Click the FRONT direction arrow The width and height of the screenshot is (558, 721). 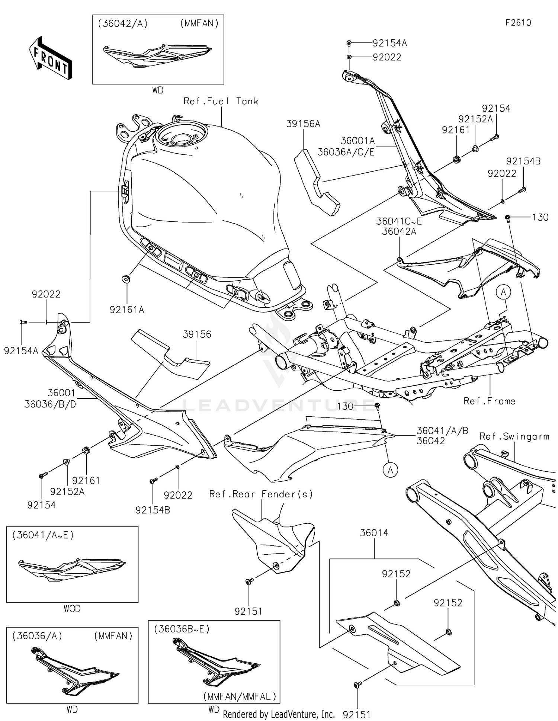50,59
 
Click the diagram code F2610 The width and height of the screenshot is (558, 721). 518,23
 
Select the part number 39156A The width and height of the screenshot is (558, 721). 303,124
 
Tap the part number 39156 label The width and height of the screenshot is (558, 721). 197,334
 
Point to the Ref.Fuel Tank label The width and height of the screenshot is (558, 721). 221,101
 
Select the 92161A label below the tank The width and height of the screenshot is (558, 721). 126,310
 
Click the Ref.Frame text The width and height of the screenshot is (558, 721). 489,401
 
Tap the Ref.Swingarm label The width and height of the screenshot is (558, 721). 514,436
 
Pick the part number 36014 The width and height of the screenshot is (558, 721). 374,533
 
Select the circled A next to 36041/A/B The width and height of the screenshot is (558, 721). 390,470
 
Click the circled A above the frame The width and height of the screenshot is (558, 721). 503,292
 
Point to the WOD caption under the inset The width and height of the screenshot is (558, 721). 72,609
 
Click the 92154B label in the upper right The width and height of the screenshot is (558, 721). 523,161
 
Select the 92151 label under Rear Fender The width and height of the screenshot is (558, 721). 248,611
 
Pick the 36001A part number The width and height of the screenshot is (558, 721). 357,141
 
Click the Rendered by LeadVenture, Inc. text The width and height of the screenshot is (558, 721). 279,714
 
